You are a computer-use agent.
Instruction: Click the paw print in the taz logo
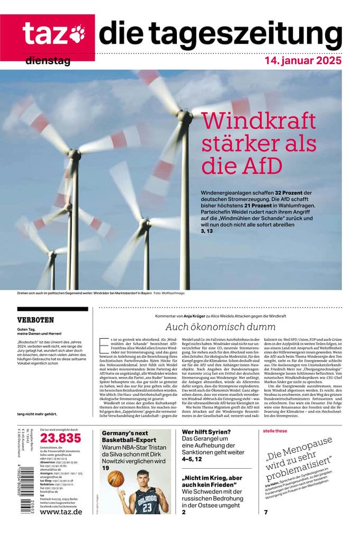tap(78, 33)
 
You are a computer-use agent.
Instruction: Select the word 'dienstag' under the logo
tap(48, 61)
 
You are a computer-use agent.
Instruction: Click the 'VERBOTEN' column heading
tap(35, 320)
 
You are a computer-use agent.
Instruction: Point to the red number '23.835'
tap(61, 438)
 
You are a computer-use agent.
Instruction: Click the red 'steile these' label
tap(275, 431)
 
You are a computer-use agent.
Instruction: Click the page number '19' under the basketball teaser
tap(106, 468)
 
